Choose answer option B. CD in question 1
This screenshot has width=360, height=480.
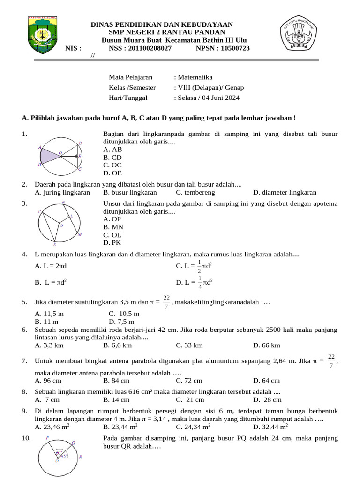click(x=112, y=157)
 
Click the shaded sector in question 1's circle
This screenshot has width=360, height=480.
click(x=48, y=154)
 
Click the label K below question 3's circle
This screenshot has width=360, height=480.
click(x=54, y=244)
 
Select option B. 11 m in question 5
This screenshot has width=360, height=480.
click(x=46, y=322)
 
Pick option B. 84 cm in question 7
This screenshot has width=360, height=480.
click(x=116, y=381)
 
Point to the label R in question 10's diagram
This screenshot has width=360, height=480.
click(x=80, y=456)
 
